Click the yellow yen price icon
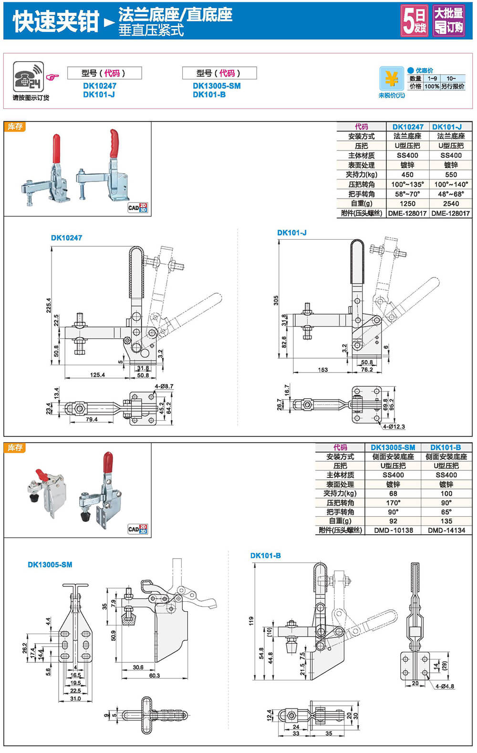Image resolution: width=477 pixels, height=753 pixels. [391, 79]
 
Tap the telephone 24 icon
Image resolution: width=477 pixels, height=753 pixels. [28, 77]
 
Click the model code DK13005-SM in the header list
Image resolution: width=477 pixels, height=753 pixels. [217, 86]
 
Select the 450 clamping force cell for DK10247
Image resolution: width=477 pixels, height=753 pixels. [407, 175]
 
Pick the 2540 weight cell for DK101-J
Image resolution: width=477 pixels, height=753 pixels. [451, 203]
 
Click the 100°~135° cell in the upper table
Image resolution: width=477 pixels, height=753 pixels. [407, 184]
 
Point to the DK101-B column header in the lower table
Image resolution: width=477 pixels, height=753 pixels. [446, 447]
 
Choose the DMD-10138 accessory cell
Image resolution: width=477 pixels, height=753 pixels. [393, 530]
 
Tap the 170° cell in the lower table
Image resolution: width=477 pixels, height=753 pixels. [393, 503]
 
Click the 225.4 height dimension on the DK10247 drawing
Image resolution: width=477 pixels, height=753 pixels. [48, 306]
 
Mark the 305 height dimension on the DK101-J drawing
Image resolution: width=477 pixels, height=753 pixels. [276, 300]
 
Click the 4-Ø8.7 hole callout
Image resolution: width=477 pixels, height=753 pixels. [164, 386]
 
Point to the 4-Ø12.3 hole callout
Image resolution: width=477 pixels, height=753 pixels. [394, 426]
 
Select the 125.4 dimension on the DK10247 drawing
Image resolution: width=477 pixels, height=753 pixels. [97, 375]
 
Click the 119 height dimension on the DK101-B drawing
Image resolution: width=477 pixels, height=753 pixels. [251, 621]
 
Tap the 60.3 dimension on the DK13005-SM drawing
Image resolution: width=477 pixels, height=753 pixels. [154, 676]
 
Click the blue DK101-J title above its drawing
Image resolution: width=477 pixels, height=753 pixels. [291, 233]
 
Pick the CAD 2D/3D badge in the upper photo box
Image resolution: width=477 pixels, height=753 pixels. [137, 208]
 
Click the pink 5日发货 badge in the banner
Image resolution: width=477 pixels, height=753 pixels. [414, 21]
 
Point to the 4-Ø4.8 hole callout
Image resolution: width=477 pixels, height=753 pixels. [445, 686]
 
